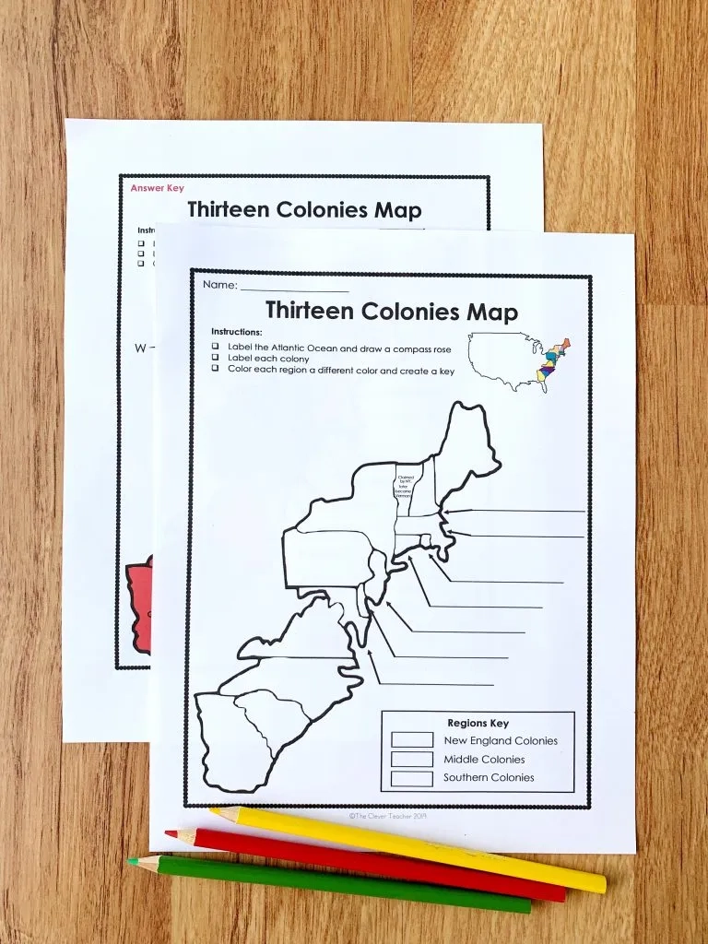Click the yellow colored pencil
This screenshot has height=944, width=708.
click(x=406, y=849)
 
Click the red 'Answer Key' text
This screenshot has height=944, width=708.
click(x=157, y=188)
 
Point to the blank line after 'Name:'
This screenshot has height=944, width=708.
click(x=294, y=287)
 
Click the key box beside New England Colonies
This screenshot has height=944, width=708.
click(x=411, y=739)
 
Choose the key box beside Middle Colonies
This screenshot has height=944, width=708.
click(x=411, y=759)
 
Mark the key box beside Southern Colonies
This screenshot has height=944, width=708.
click(x=411, y=778)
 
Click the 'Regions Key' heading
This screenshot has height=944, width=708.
click(x=478, y=723)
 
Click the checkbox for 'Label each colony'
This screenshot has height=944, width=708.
click(x=214, y=358)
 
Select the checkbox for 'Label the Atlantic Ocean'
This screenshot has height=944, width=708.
click(x=214, y=346)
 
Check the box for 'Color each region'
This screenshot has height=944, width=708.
click(x=214, y=370)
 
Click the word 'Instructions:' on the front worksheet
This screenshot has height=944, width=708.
click(x=236, y=331)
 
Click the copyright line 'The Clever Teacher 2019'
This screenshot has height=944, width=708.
click(x=387, y=815)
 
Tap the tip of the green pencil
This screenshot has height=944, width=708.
click(x=133, y=863)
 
